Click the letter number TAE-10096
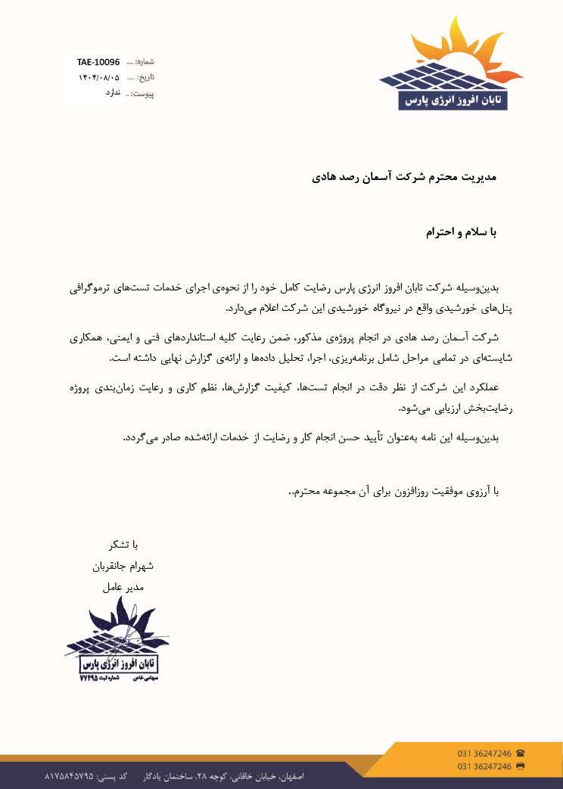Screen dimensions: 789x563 click(x=98, y=61)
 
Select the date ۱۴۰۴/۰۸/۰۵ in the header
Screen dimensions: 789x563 click(x=99, y=77)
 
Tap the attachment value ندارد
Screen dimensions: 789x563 click(x=112, y=92)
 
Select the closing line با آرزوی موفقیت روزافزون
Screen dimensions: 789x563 click(x=393, y=492)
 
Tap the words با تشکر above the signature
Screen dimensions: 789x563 click(x=125, y=545)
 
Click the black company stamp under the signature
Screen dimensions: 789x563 click(x=117, y=643)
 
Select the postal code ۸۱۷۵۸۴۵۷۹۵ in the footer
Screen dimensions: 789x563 click(x=70, y=777)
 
